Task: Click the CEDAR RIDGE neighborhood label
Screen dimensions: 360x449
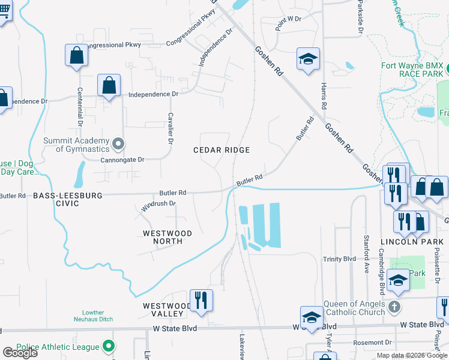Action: tap(221, 149)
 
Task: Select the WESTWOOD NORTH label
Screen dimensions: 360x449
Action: tap(167, 237)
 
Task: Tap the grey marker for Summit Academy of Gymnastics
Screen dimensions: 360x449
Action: tap(118, 143)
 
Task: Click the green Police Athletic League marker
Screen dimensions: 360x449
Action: tap(108, 346)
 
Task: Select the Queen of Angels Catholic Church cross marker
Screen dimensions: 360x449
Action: tap(394, 307)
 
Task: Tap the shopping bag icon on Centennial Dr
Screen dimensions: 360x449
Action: tap(76, 56)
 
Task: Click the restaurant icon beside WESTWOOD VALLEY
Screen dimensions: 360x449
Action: tap(200, 300)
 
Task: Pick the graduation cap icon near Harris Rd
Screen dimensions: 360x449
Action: tap(308, 59)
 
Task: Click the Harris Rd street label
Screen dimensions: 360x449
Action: tap(324, 96)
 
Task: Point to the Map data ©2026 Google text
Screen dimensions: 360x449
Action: tap(412, 355)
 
